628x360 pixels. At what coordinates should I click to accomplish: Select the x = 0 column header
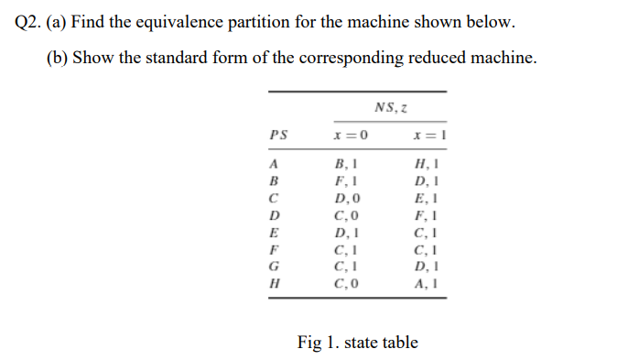point(352,135)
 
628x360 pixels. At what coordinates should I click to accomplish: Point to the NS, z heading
point(390,108)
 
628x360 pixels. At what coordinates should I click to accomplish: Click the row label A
point(273,165)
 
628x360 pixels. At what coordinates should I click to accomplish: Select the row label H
point(273,283)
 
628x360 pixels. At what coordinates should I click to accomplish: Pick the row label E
point(273,233)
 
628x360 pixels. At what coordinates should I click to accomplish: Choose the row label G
point(273,267)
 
